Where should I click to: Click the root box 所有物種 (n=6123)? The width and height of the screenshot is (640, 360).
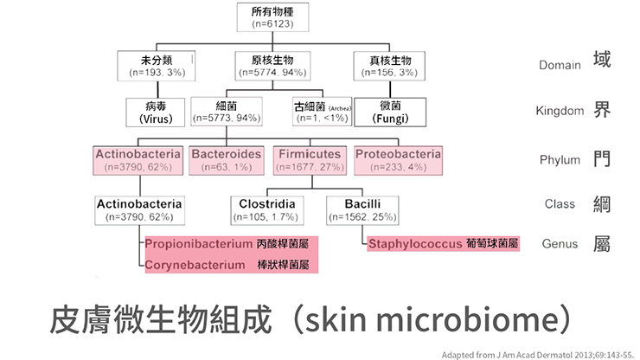[x=272, y=17]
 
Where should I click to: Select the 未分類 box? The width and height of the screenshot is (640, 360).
[x=156, y=66]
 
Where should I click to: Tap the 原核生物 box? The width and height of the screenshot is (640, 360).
[x=272, y=66]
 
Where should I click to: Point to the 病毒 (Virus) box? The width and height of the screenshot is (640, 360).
[x=156, y=112]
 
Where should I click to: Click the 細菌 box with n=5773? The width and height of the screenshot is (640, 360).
[x=226, y=112]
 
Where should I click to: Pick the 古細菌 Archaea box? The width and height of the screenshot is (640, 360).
[x=321, y=112]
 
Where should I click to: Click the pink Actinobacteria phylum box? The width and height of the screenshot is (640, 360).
[x=138, y=160]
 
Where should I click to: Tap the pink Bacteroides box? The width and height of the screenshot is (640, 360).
[x=226, y=160]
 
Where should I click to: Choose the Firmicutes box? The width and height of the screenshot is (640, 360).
[x=310, y=160]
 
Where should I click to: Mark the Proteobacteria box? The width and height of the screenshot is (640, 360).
[x=397, y=160]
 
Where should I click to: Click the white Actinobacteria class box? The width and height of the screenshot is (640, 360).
[x=139, y=209]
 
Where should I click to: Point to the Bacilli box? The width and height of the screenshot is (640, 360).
[x=362, y=209]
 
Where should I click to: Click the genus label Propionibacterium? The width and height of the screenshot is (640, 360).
[x=197, y=245]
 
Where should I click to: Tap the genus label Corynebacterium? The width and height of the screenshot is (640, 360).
[x=195, y=265]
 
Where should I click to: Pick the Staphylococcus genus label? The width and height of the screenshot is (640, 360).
[x=415, y=245]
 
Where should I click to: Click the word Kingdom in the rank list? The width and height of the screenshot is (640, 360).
[x=560, y=112]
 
